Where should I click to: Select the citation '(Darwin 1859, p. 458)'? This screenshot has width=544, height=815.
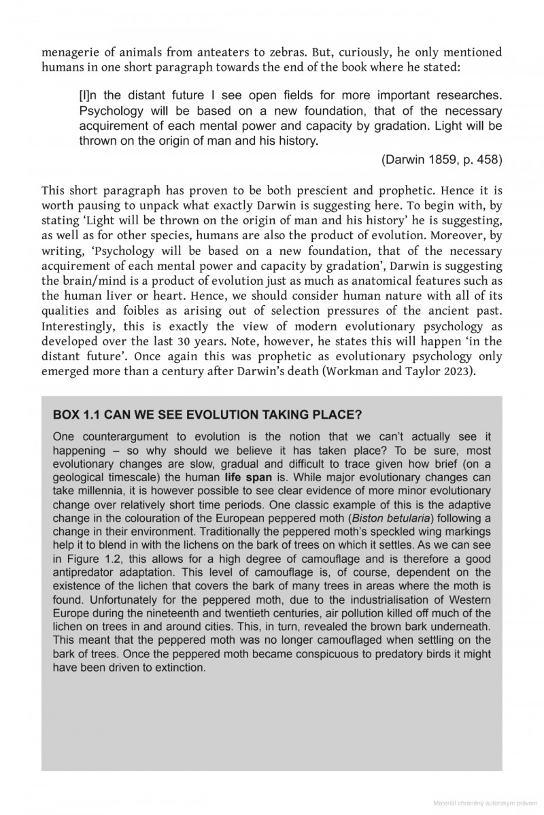(x=442, y=160)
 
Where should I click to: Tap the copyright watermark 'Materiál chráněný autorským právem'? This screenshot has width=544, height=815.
(x=486, y=802)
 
